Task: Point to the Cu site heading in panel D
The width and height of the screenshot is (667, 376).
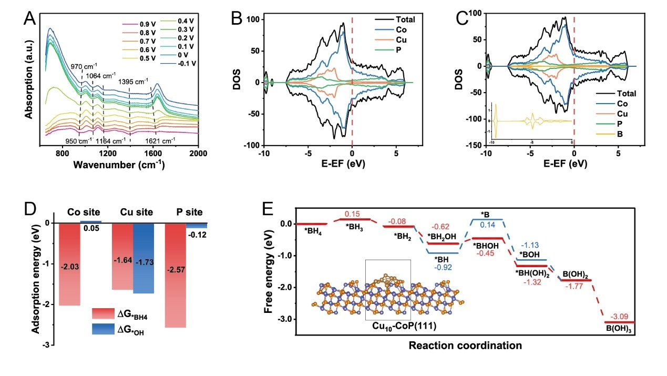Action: [x=132, y=212]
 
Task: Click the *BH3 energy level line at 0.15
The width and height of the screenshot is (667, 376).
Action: [x=355, y=219]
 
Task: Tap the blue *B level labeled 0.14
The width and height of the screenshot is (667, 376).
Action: [x=487, y=219]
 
